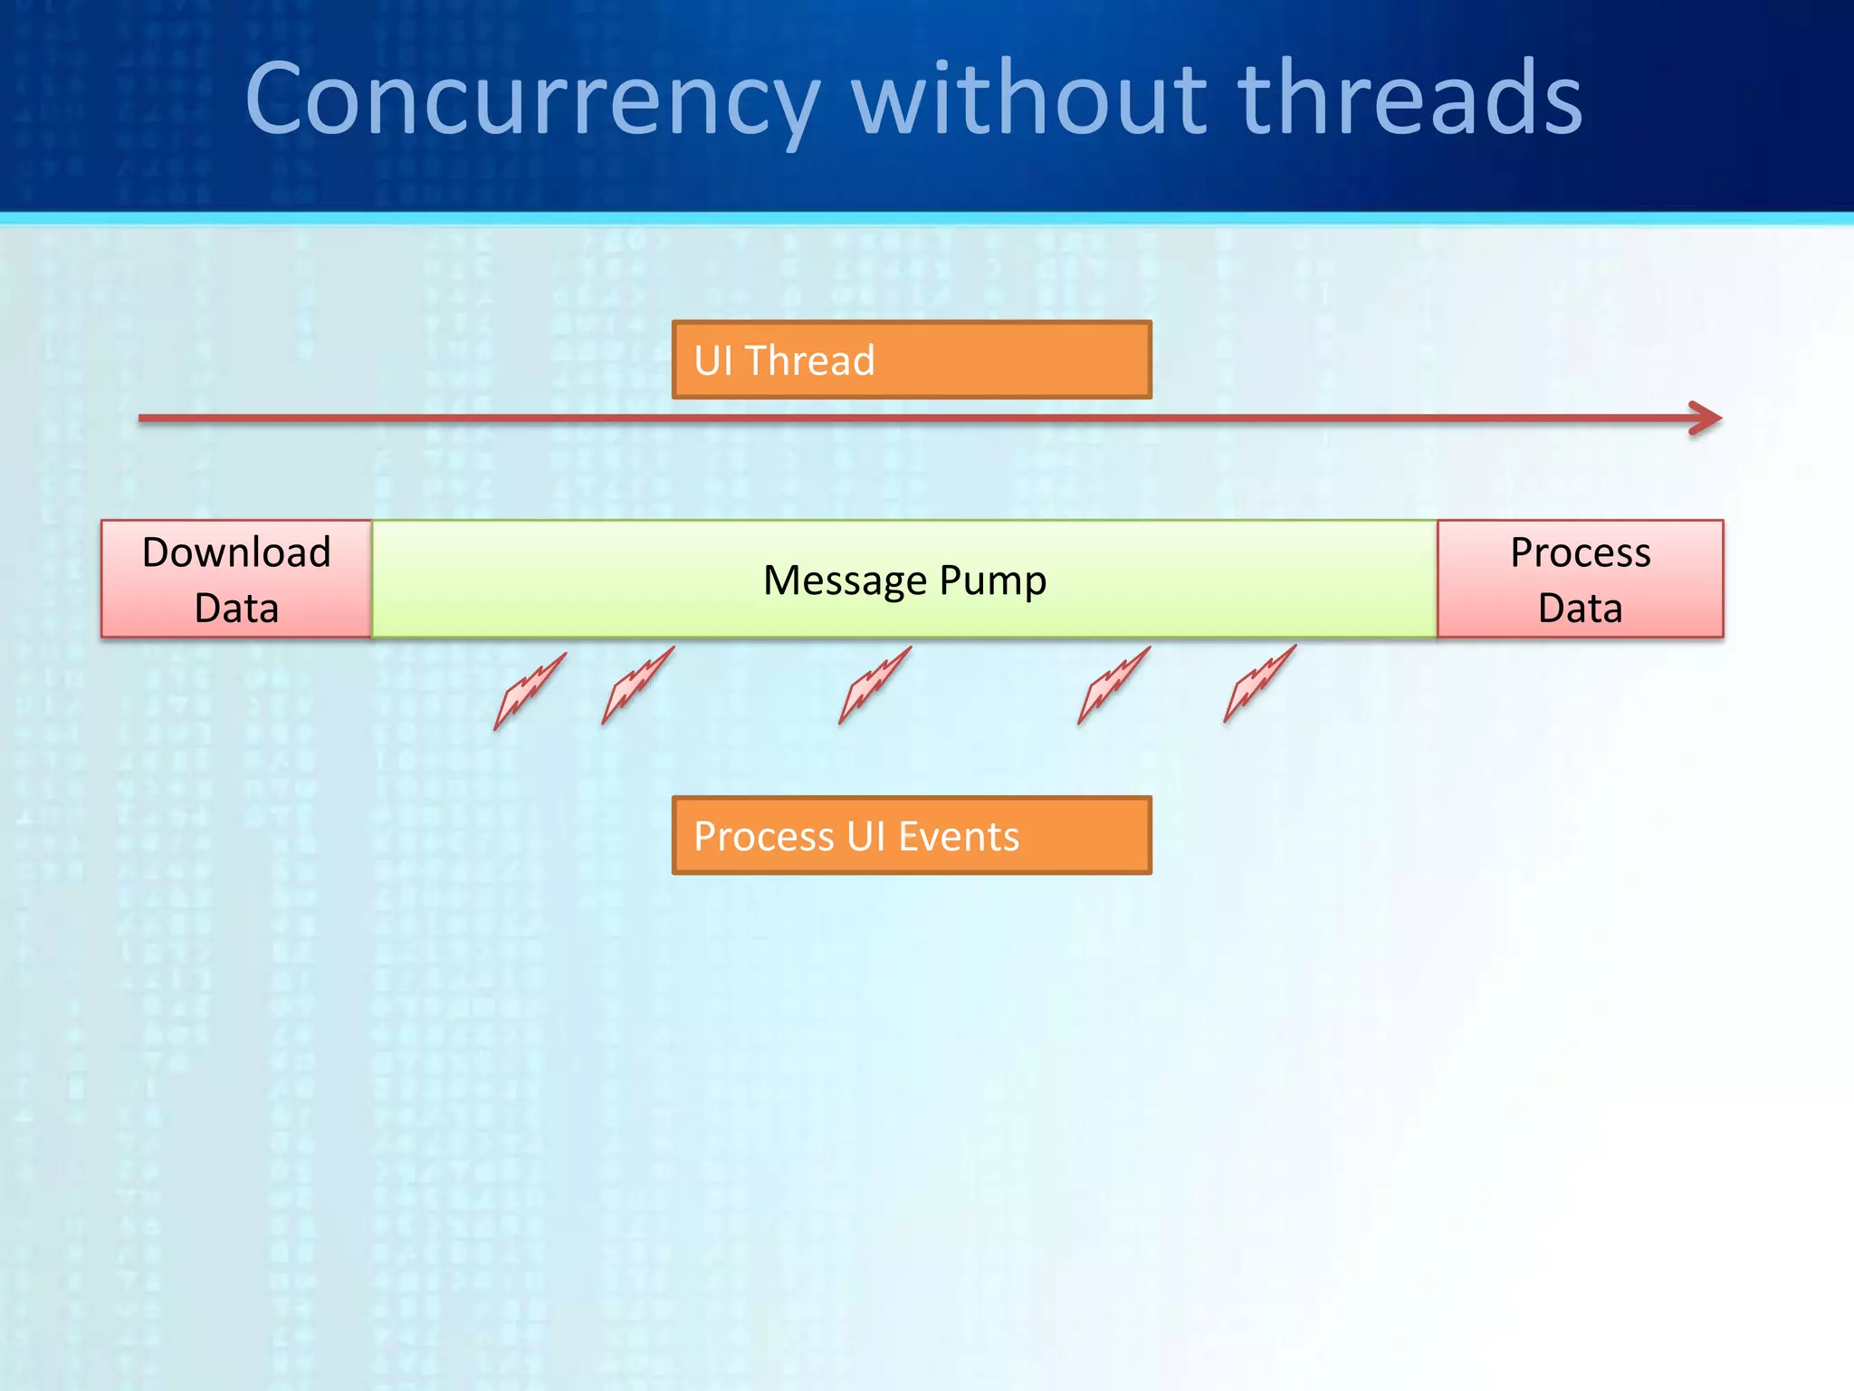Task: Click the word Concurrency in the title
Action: [532, 100]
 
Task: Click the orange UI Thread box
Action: [912, 360]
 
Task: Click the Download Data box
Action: [236, 579]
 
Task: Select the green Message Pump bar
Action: [904, 580]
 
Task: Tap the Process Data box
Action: [1580, 579]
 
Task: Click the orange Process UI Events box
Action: [912, 835]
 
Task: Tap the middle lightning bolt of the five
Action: [874, 686]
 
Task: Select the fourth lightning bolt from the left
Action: [1113, 686]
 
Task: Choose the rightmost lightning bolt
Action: [1258, 685]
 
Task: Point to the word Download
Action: [236, 552]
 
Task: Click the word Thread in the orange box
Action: [809, 360]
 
